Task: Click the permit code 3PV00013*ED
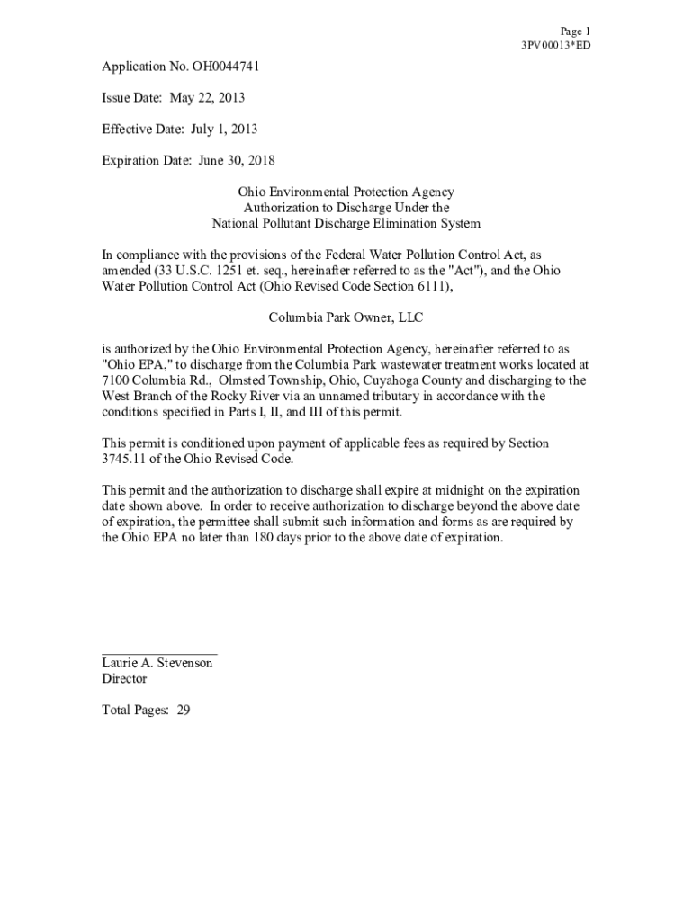click(555, 45)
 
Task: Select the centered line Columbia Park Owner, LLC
click(346, 317)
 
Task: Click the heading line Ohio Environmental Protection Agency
click(346, 192)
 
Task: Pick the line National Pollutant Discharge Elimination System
click(346, 223)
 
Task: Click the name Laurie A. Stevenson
click(157, 663)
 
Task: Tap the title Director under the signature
click(124, 679)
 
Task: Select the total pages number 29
click(183, 710)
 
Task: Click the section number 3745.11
click(124, 459)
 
